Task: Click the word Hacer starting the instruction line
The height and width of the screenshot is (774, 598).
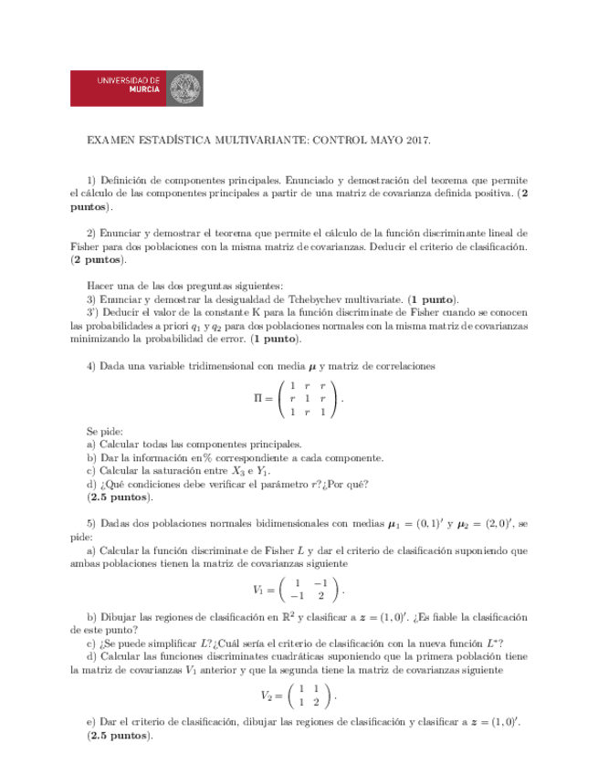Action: [99, 285]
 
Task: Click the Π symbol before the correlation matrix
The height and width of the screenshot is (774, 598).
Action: [257, 399]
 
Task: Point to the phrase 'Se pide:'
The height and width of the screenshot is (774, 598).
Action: [104, 432]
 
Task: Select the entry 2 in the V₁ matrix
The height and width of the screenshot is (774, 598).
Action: [320, 595]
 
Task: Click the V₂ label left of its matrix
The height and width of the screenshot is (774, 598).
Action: [267, 695]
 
